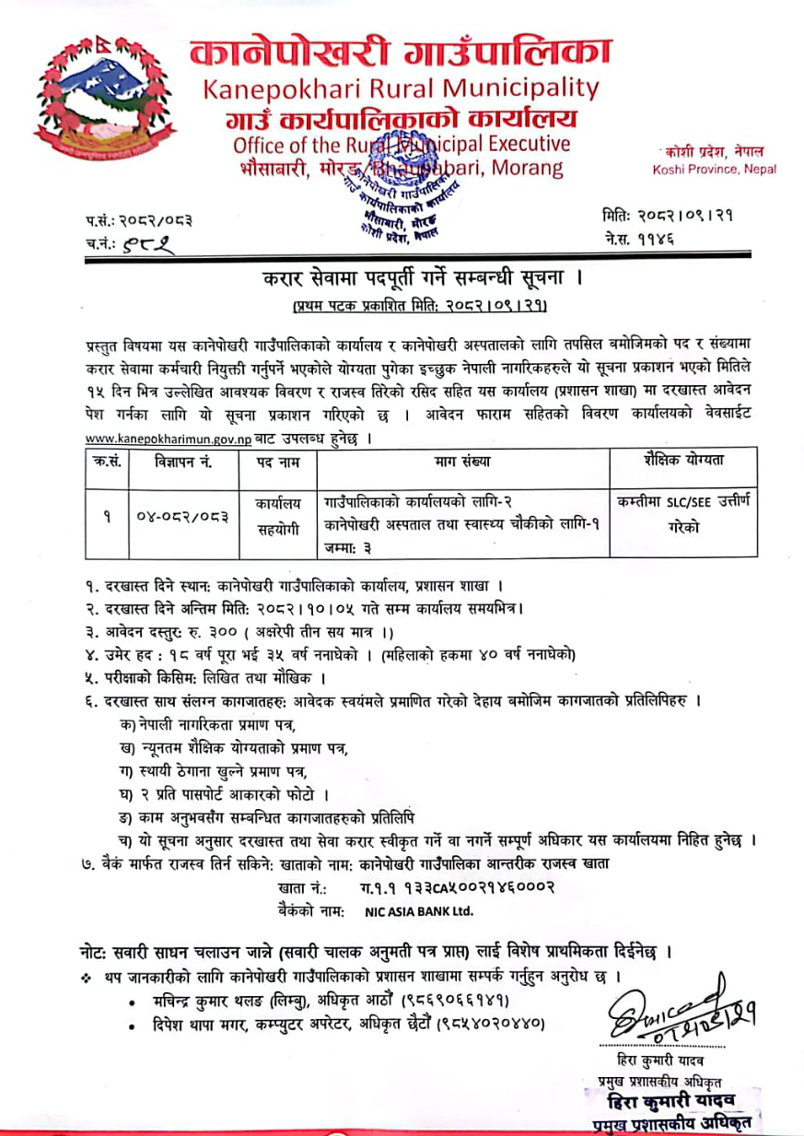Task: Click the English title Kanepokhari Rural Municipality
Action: (401, 88)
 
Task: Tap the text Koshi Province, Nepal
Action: (714, 170)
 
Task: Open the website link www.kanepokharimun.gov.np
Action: (168, 439)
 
